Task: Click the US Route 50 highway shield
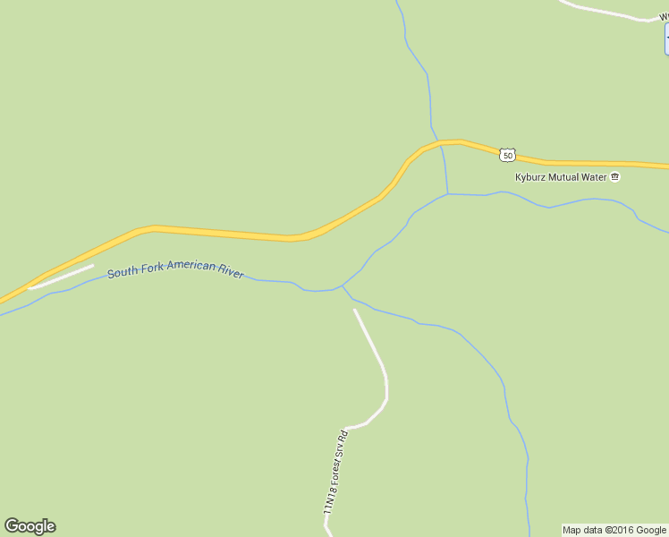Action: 507,156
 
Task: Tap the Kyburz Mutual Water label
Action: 561,177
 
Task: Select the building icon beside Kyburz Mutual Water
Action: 615,177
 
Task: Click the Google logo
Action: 30,526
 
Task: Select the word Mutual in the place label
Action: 567,177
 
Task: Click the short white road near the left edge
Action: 61,277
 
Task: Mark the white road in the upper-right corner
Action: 608,11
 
